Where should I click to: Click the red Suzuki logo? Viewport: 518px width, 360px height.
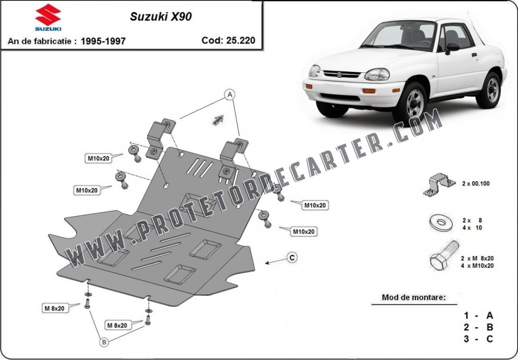tap(48, 17)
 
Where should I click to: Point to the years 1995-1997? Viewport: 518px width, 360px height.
tap(103, 41)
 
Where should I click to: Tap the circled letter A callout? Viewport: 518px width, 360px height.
tap(230, 94)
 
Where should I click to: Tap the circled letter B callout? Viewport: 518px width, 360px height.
tap(104, 342)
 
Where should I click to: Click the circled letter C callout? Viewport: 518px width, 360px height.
tap(292, 258)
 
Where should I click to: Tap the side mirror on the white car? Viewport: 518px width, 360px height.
tap(451, 47)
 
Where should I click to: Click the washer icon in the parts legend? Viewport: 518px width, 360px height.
tap(441, 222)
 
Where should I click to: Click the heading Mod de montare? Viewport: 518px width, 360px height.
tap(414, 297)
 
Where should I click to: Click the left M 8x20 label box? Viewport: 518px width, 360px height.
tap(54, 308)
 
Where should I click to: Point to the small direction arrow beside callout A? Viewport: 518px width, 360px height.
tap(218, 120)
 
